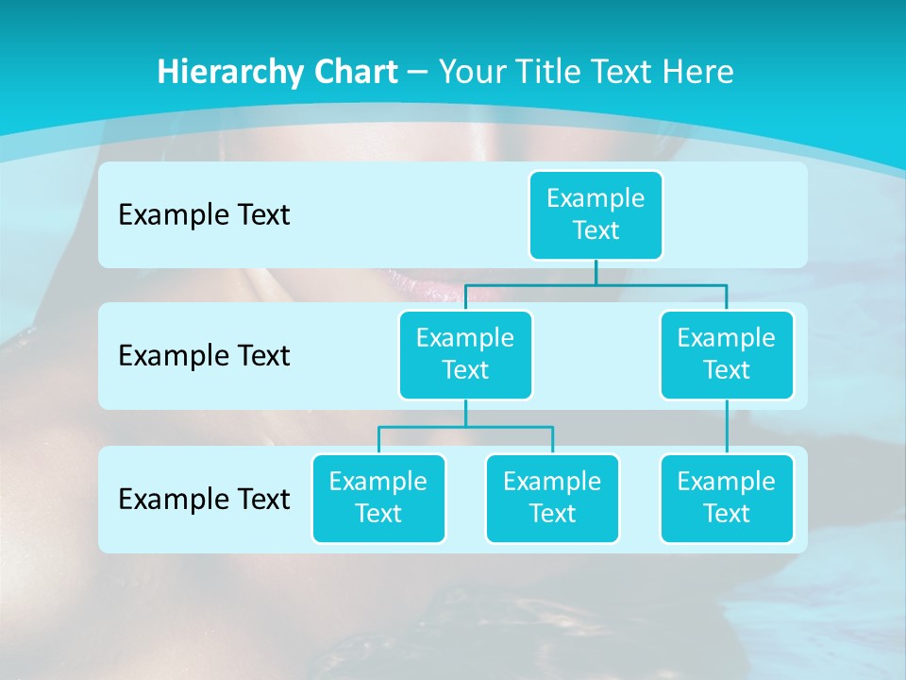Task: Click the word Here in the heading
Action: pyautogui.click(x=699, y=72)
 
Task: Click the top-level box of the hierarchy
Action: pyautogui.click(x=596, y=214)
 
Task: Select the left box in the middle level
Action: pyautogui.click(x=465, y=354)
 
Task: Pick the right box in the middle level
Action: pyautogui.click(x=727, y=354)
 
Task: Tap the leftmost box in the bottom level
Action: pyautogui.click(x=378, y=498)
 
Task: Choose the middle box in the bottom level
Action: pyautogui.click(x=552, y=498)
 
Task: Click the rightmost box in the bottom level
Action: pyautogui.click(x=727, y=498)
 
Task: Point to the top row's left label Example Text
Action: pyautogui.click(x=204, y=215)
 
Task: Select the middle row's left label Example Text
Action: pyautogui.click(x=204, y=356)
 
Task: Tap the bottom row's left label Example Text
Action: pyautogui.click(x=204, y=499)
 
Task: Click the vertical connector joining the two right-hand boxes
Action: pyautogui.click(x=727, y=427)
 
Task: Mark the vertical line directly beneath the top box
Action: pyautogui.click(x=596, y=272)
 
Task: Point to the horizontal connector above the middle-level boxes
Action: pyautogui.click(x=596, y=283)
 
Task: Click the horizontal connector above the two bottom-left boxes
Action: pyautogui.click(x=465, y=427)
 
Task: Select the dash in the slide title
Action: pyautogui.click(x=418, y=73)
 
